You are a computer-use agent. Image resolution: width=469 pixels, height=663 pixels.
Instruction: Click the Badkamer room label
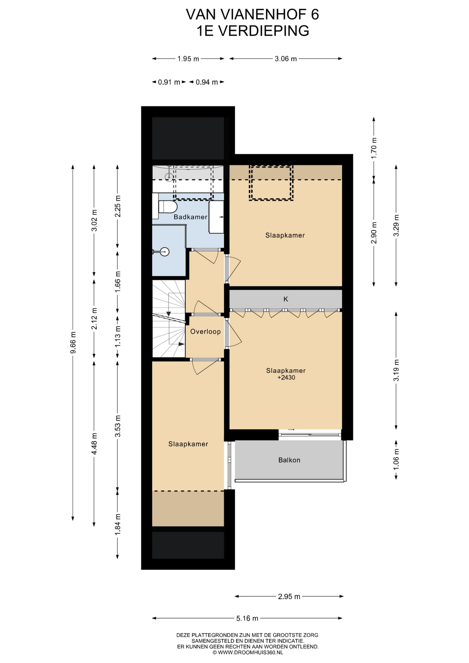click(x=190, y=217)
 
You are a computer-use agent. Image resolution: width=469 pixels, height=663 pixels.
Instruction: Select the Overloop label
click(x=205, y=331)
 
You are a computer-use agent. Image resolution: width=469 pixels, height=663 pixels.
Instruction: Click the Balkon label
click(x=289, y=460)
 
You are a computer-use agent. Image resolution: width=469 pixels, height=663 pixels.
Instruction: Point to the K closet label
click(x=286, y=299)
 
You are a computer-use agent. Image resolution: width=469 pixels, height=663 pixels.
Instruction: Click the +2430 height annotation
click(x=286, y=377)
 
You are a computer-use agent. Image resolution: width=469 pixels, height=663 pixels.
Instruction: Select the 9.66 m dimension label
click(x=73, y=343)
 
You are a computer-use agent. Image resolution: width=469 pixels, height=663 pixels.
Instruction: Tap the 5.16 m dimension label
click(x=247, y=618)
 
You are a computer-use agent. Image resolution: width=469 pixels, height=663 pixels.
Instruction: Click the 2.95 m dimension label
click(x=289, y=596)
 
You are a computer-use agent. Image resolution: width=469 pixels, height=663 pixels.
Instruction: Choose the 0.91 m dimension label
click(x=169, y=82)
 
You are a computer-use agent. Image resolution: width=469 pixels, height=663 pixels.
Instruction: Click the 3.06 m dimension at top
click(x=286, y=59)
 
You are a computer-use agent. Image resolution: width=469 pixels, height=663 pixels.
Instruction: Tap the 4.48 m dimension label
click(x=94, y=444)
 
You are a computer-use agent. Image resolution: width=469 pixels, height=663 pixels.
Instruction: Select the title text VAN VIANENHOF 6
click(x=252, y=15)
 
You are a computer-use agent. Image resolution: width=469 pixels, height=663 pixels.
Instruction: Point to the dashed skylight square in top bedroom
click(x=271, y=183)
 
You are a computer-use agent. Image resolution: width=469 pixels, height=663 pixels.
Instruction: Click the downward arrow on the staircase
click(x=169, y=308)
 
